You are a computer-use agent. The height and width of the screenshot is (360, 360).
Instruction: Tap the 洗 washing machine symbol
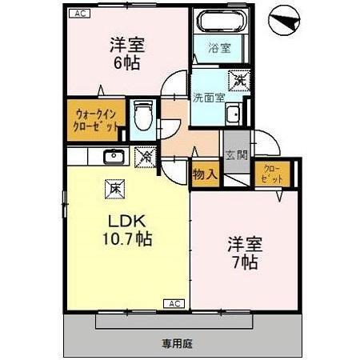tap(238, 80)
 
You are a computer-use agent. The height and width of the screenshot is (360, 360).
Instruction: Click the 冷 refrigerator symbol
tap(146, 158)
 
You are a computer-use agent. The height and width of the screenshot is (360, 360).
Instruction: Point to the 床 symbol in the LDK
tap(115, 190)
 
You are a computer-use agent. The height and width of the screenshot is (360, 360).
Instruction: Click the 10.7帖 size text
tap(125, 238)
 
